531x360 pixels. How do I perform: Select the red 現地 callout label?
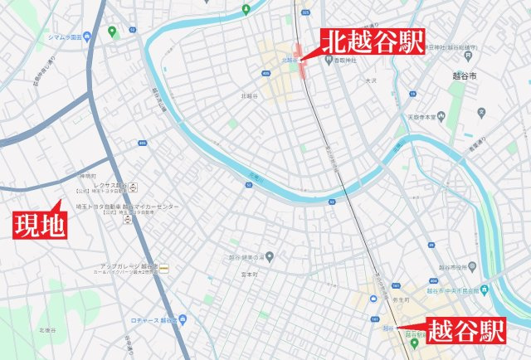[x=39, y=225]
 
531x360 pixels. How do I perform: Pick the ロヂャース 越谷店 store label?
[x=153, y=319]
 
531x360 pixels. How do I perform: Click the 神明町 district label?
[x=88, y=178]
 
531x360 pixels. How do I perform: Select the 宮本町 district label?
[x=239, y=275]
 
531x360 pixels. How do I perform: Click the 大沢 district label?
[x=371, y=81]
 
